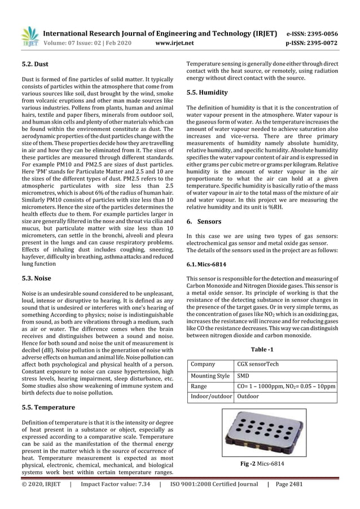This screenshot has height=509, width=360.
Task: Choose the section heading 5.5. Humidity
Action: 207,93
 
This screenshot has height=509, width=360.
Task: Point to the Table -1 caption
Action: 262,349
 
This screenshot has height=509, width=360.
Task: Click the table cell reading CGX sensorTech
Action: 258,364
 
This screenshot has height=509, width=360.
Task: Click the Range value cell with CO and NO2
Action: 286,387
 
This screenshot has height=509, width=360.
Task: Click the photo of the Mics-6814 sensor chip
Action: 264,433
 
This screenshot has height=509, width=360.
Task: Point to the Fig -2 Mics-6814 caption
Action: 262,463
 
